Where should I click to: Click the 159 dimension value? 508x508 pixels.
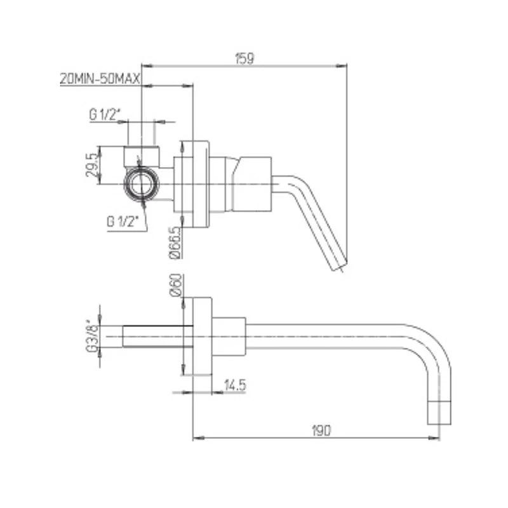click(244, 58)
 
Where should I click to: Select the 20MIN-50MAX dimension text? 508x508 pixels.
click(100, 79)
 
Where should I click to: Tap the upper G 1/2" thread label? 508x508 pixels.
click(105, 114)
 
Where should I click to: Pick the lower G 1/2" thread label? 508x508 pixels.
click(123, 222)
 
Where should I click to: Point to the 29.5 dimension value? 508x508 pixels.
click(91, 165)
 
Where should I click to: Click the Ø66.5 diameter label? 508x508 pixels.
click(175, 243)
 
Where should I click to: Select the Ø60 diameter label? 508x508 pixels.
click(175, 285)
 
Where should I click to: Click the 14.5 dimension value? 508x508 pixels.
click(235, 385)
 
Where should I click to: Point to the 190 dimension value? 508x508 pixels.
click(321, 431)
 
